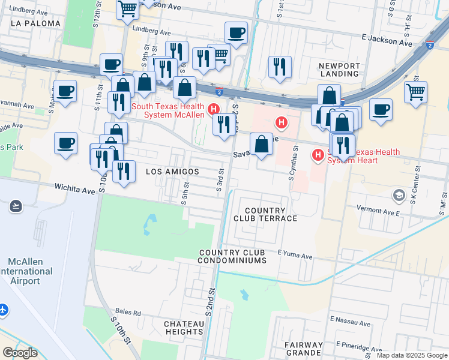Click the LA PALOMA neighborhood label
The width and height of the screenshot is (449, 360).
(x=35, y=23)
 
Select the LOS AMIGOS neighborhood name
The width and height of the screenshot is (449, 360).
(x=172, y=172)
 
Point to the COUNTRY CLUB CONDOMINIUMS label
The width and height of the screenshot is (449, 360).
(x=232, y=256)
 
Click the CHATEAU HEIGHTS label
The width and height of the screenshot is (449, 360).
(x=184, y=328)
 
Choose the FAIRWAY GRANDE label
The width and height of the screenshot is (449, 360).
(x=304, y=349)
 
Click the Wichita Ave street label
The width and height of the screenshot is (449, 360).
(x=76, y=190)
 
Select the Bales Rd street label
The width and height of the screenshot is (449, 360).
(x=128, y=313)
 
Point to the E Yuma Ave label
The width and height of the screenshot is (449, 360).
(x=295, y=256)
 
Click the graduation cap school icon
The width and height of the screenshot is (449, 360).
(x=399, y=195)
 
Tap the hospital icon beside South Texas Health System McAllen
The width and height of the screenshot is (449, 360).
(x=212, y=110)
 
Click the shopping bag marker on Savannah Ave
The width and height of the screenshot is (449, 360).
(x=261, y=144)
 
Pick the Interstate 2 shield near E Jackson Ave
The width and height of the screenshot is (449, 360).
(x=429, y=44)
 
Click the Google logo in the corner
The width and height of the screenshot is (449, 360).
(x=20, y=353)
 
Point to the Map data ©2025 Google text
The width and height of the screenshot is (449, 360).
(x=411, y=355)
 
